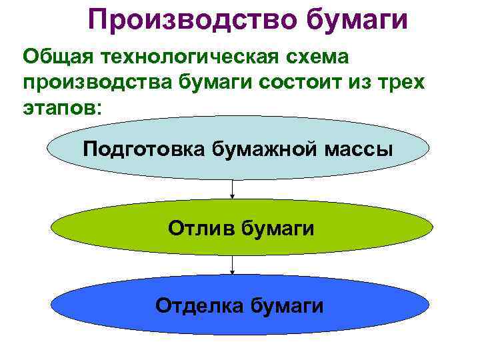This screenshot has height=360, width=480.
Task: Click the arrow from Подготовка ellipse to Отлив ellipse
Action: tap(232, 189)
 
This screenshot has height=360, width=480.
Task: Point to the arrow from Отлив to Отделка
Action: tap(232, 265)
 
